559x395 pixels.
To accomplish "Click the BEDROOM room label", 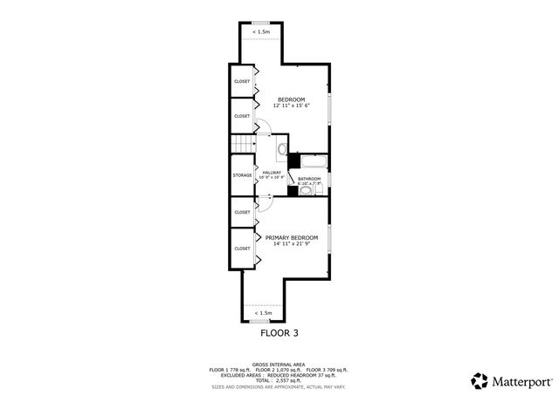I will (290, 99).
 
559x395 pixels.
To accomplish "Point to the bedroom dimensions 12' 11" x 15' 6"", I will (290, 106).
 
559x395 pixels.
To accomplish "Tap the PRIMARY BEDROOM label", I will (292, 237).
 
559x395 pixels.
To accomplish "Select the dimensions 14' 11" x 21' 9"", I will (292, 244).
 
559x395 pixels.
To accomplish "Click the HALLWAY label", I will (272, 173).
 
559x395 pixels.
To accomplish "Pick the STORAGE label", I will (242, 175).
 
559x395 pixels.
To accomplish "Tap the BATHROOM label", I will (309, 179).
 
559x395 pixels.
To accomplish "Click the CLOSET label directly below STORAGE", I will (242, 212).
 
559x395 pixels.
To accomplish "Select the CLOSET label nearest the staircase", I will (242, 116).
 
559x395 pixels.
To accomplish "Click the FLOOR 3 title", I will (279, 332).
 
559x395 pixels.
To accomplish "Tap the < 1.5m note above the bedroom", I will (261, 32).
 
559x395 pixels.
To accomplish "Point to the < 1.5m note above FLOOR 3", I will (263, 312).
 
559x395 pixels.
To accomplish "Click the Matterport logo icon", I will (480, 380).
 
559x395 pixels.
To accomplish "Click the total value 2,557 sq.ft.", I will (290, 381).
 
